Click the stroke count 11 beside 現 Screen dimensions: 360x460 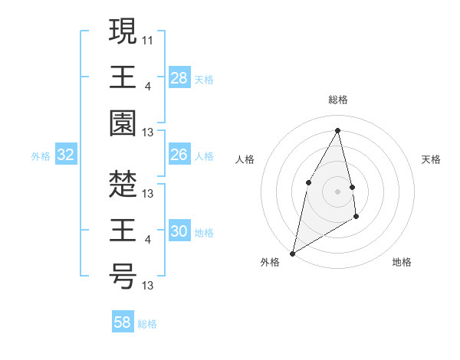click(x=148, y=38)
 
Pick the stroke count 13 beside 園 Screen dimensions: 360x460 click(x=148, y=133)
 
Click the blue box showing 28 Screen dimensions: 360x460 click(x=179, y=78)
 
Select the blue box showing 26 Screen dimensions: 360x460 click(x=179, y=155)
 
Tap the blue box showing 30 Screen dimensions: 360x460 click(x=179, y=232)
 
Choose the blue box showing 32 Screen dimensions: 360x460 click(x=66, y=155)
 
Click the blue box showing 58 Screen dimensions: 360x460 click(x=123, y=322)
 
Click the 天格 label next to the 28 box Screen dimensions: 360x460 click(x=204, y=79)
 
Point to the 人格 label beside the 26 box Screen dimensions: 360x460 click(x=204, y=155)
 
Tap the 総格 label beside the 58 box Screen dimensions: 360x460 click(x=147, y=323)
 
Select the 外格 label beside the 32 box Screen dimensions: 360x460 click(x=41, y=156)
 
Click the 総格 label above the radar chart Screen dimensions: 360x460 click(x=338, y=100)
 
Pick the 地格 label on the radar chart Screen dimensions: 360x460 click(x=402, y=262)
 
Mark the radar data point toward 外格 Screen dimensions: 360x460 click(x=292, y=253)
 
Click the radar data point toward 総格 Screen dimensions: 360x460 click(x=338, y=130)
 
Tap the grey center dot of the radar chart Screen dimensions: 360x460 click(x=338, y=191)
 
